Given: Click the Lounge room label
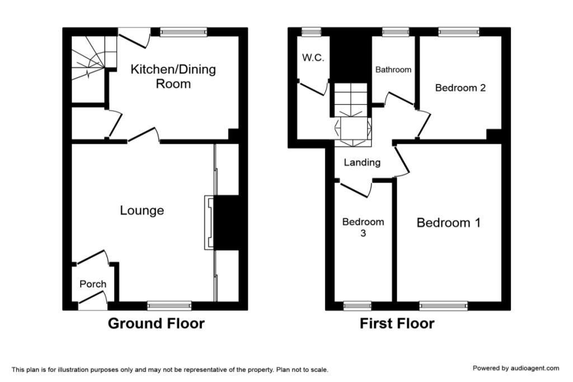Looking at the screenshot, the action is coord(142,210).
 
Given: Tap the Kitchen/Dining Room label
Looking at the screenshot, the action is coord(173,76).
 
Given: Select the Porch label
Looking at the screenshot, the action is coord(93,284).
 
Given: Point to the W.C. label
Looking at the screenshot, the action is coord(313,58).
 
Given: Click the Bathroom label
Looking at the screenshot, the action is coord(393,69).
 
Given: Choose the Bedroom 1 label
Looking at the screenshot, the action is coord(448,223).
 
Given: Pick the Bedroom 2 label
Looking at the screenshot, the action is coord(461,88).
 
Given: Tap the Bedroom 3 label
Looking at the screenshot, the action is coord(363,227).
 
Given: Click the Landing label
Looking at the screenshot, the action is coord(362,163).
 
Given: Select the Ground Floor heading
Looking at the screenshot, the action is coord(156,324).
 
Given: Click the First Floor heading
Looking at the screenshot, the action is coord(397,324).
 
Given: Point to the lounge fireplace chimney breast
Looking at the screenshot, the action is coord(226,223).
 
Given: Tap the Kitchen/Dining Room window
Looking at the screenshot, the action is coord(184,32).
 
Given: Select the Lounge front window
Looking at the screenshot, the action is coord(169,306).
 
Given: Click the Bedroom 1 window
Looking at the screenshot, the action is coord(443,306).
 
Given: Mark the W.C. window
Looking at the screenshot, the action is coord(311,32).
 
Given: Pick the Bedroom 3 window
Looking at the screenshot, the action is coord(358,306).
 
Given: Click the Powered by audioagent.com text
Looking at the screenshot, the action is coord(515,368).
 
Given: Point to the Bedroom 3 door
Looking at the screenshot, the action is coord(354,190).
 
